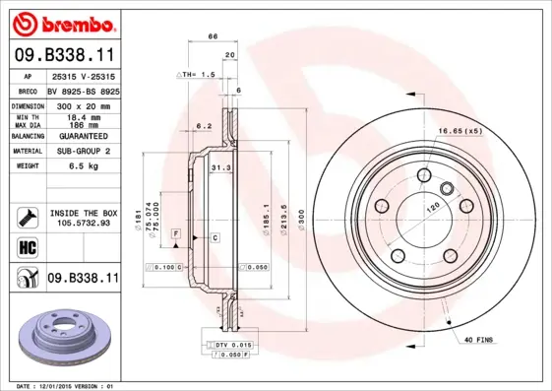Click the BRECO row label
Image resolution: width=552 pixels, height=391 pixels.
coord(28,90)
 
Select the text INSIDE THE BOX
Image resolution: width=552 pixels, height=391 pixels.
coord(83,213)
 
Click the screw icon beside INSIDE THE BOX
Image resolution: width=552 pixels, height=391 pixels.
coord(28,218)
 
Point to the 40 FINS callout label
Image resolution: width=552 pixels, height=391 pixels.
coord(479,341)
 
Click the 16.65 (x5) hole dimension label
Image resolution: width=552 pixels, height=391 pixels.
coord(460,131)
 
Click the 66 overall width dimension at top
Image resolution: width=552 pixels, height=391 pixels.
coord(212,36)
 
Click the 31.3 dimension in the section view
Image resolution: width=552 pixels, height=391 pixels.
coord(220,168)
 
